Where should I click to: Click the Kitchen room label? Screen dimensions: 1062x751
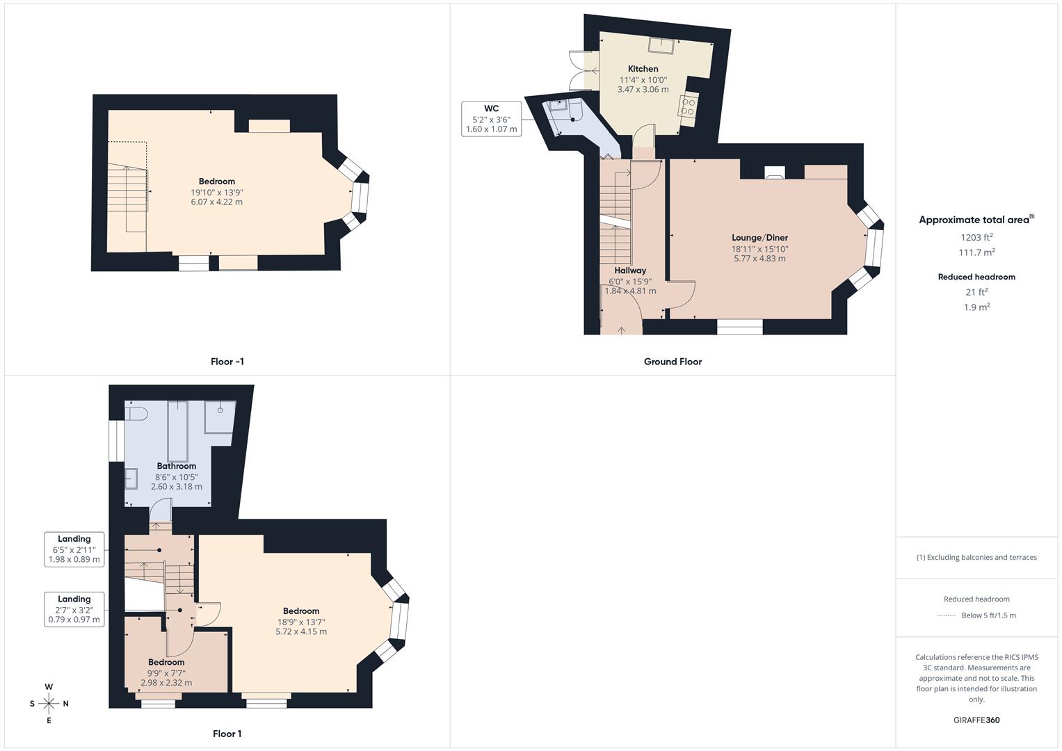click(x=643, y=69)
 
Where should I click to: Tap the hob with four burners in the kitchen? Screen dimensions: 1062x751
click(x=688, y=106)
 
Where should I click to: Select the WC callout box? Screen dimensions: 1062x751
click(x=491, y=119)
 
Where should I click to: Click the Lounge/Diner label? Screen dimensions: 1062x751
click(x=759, y=238)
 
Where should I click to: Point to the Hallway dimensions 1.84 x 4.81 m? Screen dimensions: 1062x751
click(x=630, y=291)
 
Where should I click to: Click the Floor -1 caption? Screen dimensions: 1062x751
click(x=227, y=362)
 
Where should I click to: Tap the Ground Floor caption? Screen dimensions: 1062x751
click(x=673, y=362)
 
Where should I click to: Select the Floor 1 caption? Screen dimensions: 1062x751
click(x=227, y=734)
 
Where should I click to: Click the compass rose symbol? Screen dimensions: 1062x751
click(x=49, y=704)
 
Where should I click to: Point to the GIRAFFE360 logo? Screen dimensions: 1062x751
click(x=976, y=720)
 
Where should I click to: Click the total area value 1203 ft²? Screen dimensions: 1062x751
click(x=976, y=237)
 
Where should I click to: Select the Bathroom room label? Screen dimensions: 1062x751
click(x=177, y=466)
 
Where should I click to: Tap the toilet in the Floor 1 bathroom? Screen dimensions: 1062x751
click(x=136, y=413)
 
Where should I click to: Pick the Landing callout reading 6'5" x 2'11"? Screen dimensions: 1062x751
click(x=74, y=549)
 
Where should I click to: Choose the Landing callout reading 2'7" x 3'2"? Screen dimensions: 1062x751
click(x=74, y=610)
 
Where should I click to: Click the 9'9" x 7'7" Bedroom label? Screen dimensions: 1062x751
click(x=166, y=662)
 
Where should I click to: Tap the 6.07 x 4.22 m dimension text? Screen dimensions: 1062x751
click(x=217, y=202)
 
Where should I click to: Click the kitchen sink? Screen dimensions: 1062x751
click(x=661, y=45)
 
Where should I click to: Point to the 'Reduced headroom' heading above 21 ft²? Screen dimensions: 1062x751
click(x=976, y=277)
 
